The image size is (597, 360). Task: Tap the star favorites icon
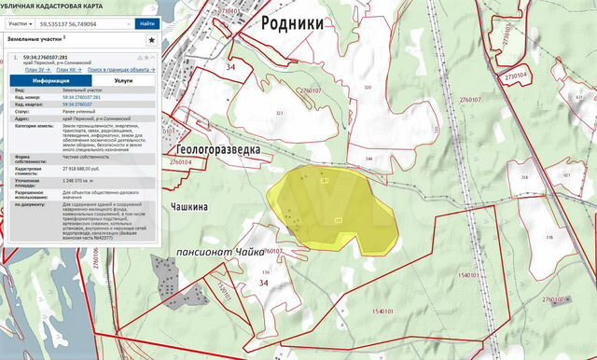(151, 41)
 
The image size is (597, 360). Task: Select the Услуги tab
(122, 81)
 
